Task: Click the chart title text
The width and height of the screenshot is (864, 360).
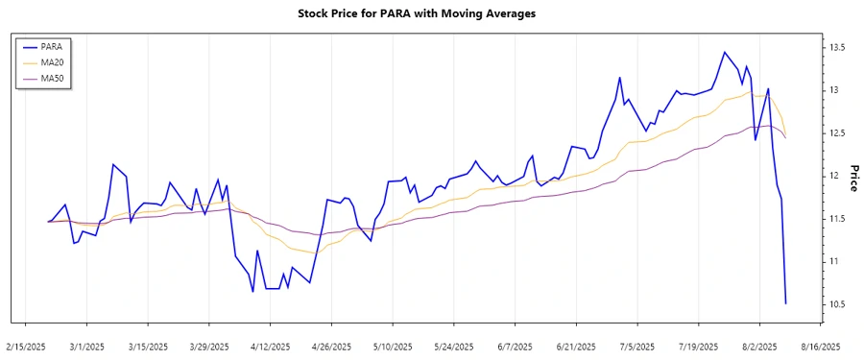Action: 431,13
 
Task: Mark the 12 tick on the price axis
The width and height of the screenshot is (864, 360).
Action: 833,176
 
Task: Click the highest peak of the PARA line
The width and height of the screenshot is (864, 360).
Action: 725,52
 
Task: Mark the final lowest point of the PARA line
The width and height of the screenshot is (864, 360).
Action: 785,303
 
